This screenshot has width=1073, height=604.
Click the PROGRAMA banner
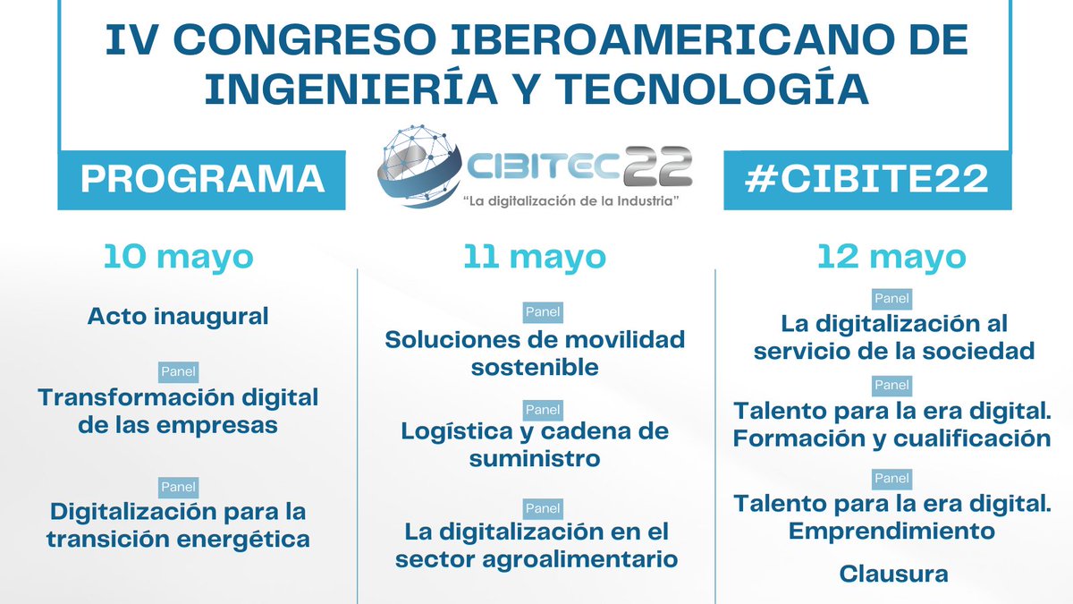coord(202,179)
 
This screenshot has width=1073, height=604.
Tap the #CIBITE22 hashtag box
coord(868,179)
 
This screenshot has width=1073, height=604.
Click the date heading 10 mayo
coord(179,257)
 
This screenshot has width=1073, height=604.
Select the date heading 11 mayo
coord(535,257)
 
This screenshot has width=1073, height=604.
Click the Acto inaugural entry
coord(178,316)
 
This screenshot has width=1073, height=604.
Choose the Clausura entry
coord(893,574)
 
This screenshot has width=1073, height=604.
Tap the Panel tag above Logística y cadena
coord(542,410)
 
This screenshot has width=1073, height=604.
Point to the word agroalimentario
coord(591,560)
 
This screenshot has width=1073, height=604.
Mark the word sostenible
coord(535,368)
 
